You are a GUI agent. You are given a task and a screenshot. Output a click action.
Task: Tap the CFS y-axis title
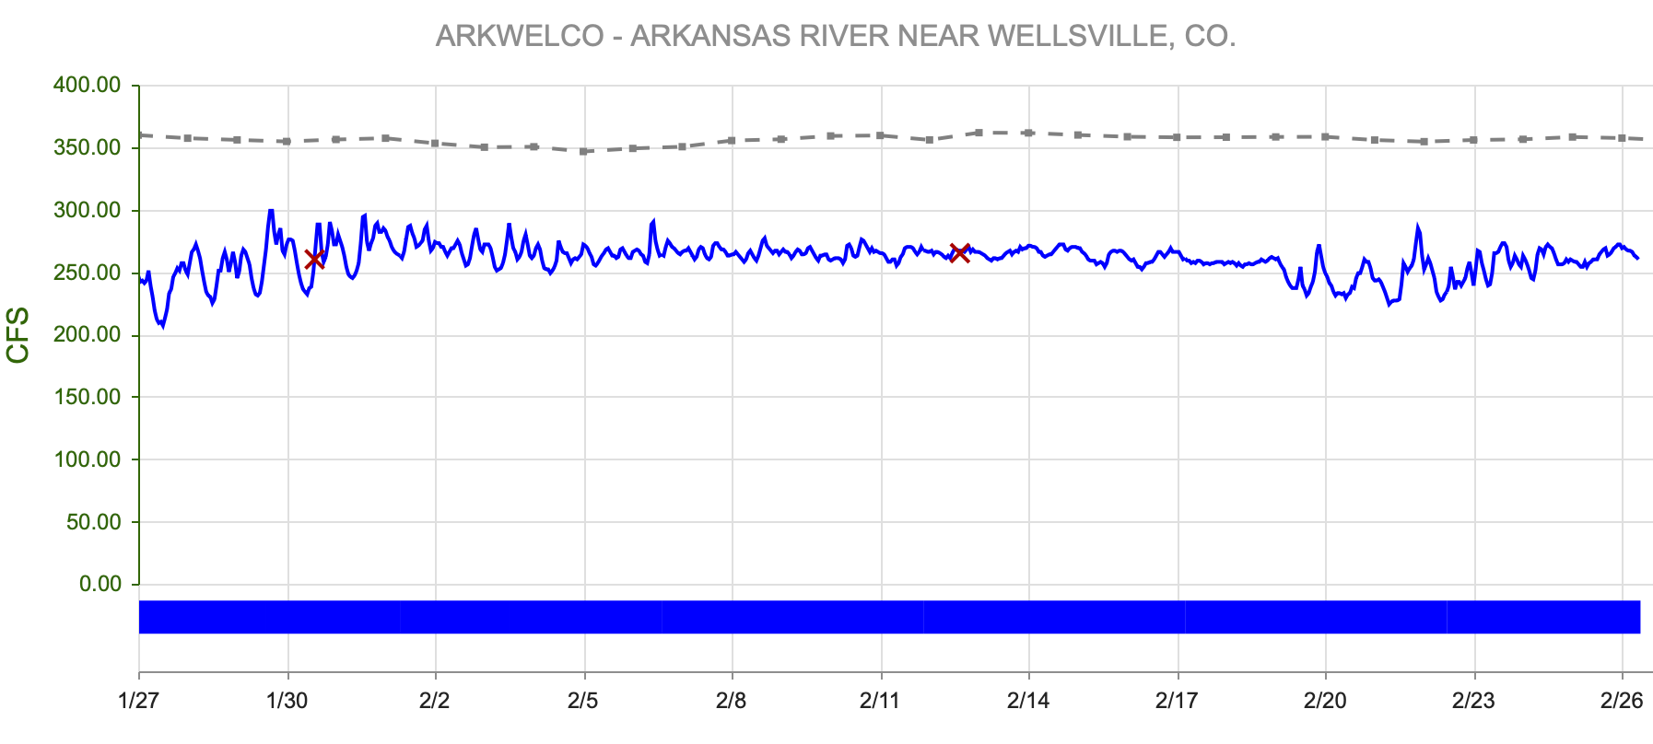tap(18, 335)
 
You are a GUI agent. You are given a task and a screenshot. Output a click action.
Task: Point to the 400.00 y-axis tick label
tap(88, 86)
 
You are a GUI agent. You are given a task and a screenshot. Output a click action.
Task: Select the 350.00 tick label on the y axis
tap(88, 148)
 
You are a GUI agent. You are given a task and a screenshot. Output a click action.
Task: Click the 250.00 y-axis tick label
tap(88, 273)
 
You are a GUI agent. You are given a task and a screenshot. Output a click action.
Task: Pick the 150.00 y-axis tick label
tap(88, 398)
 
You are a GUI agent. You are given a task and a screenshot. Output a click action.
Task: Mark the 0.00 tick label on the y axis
tap(100, 585)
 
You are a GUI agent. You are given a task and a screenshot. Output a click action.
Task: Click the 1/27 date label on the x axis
tap(139, 702)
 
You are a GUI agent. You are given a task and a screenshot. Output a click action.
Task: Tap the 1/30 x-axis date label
tap(287, 702)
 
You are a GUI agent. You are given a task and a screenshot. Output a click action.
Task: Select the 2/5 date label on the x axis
tap(583, 702)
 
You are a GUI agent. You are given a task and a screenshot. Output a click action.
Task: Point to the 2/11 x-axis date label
tap(881, 702)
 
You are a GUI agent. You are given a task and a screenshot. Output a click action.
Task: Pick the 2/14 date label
tap(1028, 702)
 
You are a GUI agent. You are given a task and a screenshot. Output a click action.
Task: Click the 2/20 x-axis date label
tap(1325, 702)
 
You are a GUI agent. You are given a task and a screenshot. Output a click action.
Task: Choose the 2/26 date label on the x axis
tap(1622, 702)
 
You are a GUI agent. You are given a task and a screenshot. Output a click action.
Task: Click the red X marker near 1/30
tap(314, 260)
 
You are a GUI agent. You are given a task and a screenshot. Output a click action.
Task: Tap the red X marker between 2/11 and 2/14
tap(959, 253)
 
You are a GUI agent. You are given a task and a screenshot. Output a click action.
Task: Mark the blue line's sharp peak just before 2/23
tap(1418, 227)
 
